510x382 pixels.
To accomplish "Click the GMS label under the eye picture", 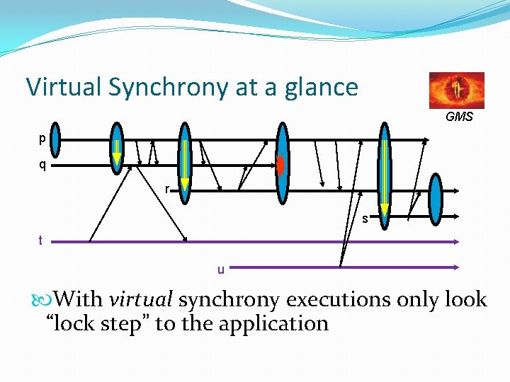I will (459, 117).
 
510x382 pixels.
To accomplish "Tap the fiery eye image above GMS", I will (457, 90).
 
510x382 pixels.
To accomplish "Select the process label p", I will (42, 139).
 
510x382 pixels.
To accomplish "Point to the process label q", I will (42, 166).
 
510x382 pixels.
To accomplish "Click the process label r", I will (166, 189).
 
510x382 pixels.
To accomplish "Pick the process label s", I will (365, 219).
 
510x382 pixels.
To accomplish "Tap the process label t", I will (41, 241).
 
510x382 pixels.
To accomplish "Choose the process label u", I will (221, 269).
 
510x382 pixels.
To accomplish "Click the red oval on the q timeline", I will (280, 164).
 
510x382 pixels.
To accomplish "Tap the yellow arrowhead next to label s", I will (384, 209).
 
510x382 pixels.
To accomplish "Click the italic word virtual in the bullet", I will (141, 300).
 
